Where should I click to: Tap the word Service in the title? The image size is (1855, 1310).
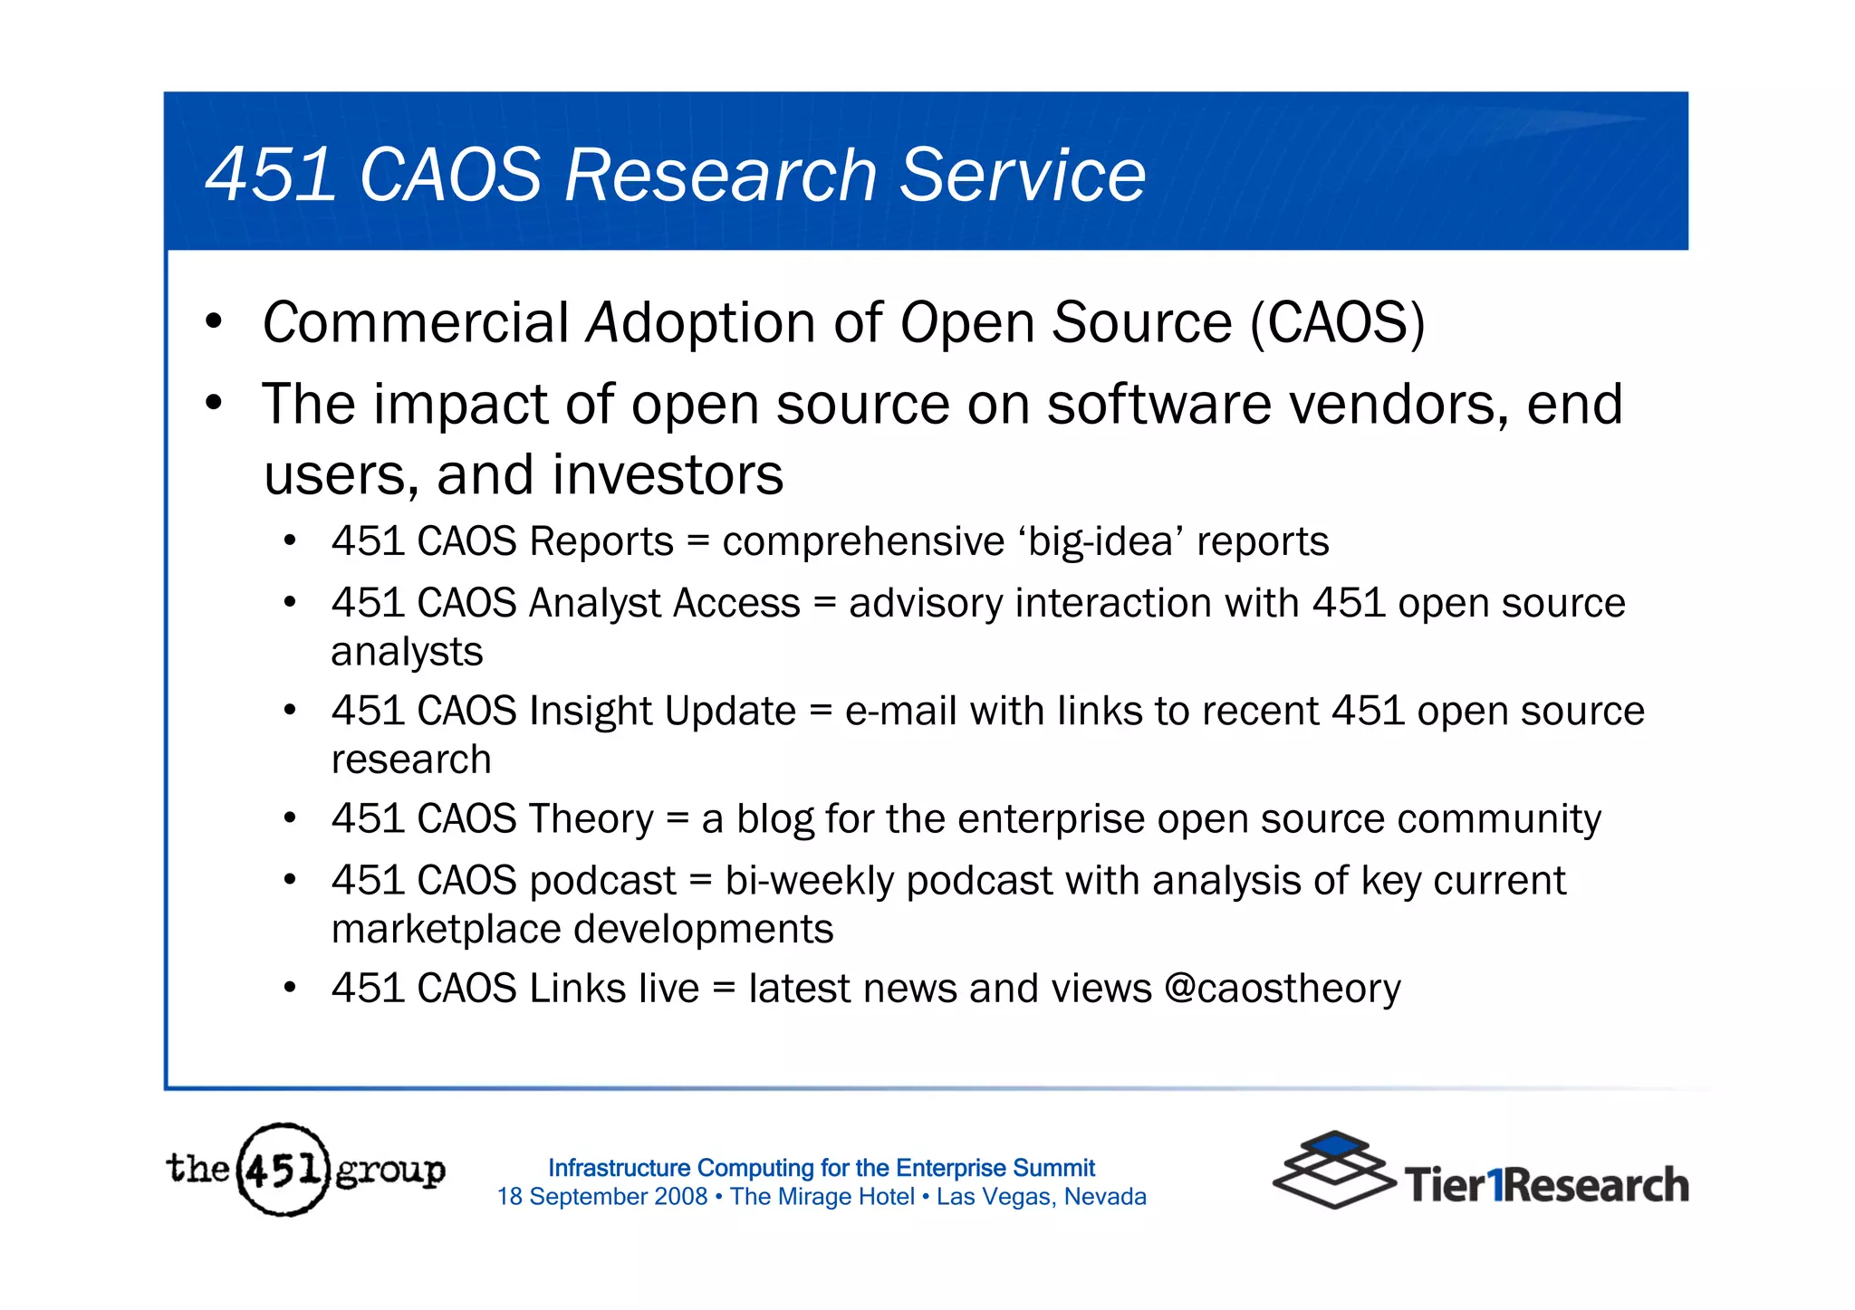point(1023,175)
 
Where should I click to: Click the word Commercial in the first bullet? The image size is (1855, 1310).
point(415,323)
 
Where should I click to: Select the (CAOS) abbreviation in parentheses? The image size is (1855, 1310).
point(1337,323)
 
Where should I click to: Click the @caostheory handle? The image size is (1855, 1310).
point(1282,989)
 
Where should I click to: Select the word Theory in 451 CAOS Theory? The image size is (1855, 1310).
point(591,819)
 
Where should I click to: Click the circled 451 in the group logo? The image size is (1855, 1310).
point(283,1170)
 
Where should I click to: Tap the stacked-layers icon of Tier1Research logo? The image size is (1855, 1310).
point(1332,1169)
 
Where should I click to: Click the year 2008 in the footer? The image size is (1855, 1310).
point(680,1197)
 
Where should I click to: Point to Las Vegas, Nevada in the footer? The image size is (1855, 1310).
point(1041,1197)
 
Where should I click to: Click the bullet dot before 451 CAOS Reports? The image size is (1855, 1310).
point(290,541)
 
